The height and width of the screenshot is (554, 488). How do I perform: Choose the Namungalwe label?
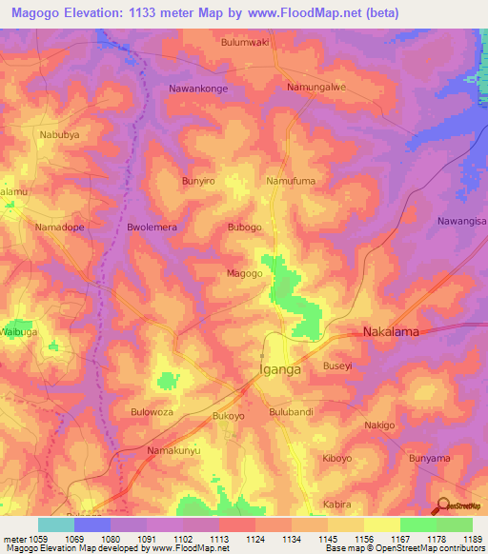tap(315, 87)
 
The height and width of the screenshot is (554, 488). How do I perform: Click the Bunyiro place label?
tap(200, 179)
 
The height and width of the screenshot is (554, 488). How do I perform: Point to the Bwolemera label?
tap(153, 228)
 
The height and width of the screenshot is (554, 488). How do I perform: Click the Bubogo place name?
tap(244, 228)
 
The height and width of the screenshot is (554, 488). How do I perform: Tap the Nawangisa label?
tap(461, 221)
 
